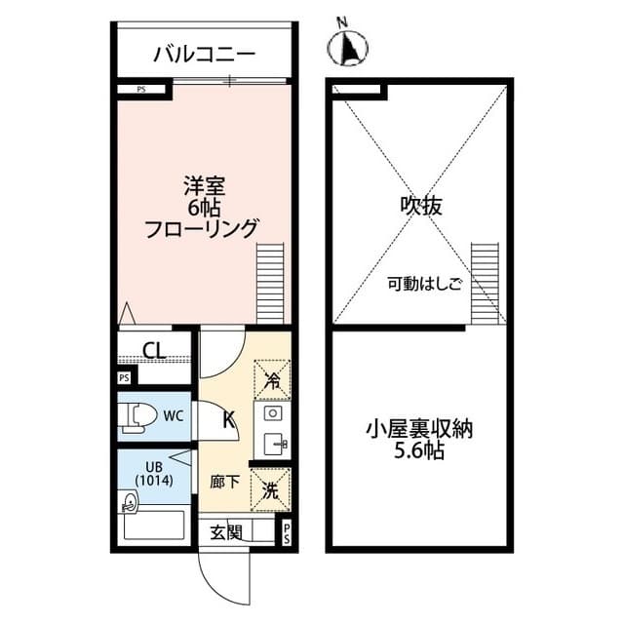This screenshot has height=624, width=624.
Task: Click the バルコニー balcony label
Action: point(203,53)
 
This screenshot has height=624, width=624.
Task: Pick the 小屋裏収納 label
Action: point(419,430)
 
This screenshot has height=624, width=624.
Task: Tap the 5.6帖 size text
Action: point(419,453)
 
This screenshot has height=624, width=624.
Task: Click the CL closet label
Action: point(154,350)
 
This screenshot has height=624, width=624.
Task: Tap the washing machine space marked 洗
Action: point(271,490)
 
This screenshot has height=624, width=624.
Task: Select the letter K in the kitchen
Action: point(229,420)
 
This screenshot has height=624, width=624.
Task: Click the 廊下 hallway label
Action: point(224,482)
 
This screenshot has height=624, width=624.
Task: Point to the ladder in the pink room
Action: point(270,284)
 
